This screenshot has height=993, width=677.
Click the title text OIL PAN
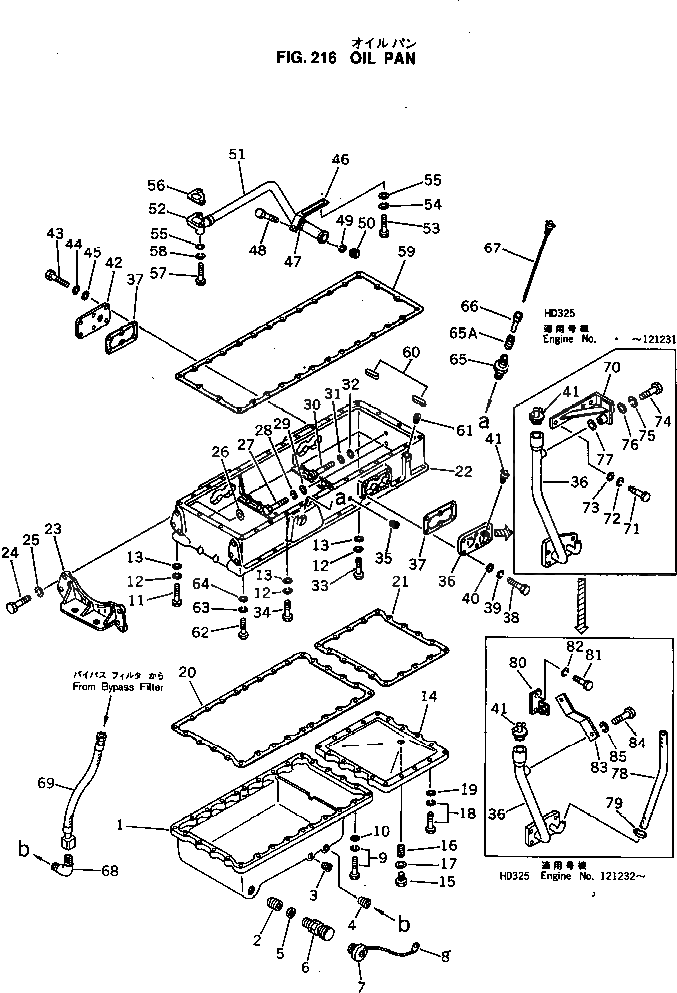tap(383, 58)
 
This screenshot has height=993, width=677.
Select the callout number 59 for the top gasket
tap(405, 252)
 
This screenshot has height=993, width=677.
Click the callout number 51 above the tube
tap(237, 153)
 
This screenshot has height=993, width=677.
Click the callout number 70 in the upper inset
tap(612, 367)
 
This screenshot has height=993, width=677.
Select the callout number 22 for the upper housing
tap(462, 471)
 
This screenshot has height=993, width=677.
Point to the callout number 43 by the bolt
tap(55, 233)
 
